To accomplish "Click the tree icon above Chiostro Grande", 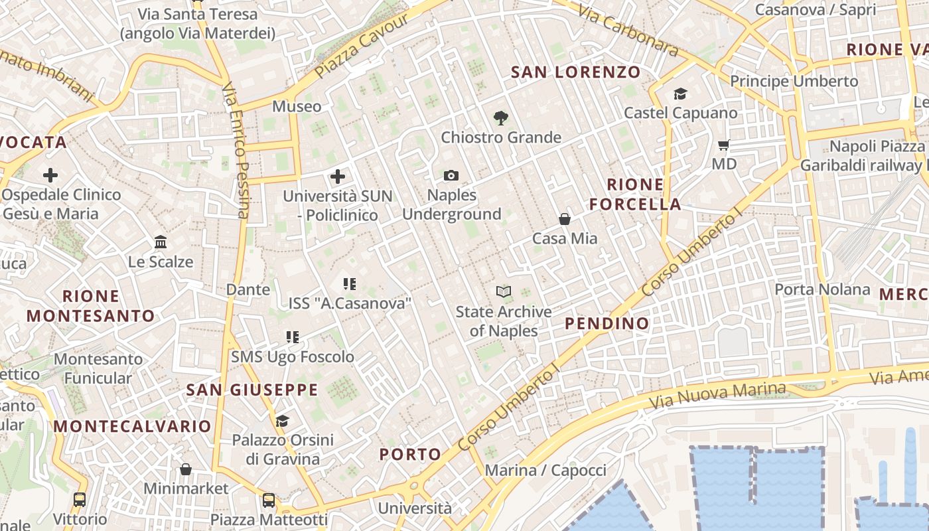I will click(501, 118).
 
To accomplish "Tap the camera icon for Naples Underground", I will click(451, 175).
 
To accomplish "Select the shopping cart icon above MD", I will click(723, 145).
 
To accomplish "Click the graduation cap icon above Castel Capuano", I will click(680, 94).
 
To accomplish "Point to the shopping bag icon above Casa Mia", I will click(565, 218).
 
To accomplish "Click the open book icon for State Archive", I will click(504, 291).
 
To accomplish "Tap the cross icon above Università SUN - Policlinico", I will click(338, 177).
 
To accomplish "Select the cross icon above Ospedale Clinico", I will click(50, 175).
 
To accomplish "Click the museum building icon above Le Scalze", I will click(161, 242).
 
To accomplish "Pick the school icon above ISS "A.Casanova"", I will click(350, 284).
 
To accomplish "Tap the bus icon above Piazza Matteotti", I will click(269, 500).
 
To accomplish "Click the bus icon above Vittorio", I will click(80, 499).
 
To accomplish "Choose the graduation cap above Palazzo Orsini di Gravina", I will click(282, 421).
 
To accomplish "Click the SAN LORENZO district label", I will click(575, 72).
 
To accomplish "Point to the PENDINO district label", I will click(607, 323).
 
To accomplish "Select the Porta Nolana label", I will click(822, 289).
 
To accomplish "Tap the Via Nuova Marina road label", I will click(717, 396).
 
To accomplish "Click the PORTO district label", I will click(410, 455).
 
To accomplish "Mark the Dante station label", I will click(248, 289).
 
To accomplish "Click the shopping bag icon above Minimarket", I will click(186, 469).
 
